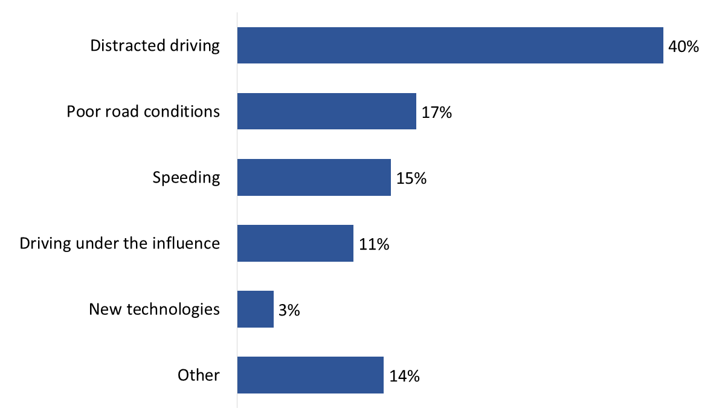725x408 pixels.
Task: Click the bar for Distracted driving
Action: click(450, 45)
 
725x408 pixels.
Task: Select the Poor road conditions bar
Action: click(326, 111)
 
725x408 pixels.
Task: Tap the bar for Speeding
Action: click(314, 177)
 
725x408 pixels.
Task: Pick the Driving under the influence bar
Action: click(295, 243)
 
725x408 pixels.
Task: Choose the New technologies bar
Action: click(255, 309)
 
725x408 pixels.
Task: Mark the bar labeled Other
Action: click(310, 375)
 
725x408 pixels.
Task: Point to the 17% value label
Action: click(437, 112)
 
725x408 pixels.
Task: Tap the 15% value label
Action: click(411, 178)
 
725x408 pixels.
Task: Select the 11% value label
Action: click(374, 244)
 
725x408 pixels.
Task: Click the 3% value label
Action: click(289, 311)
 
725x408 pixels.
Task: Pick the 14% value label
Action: click(404, 377)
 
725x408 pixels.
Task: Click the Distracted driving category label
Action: click(155, 46)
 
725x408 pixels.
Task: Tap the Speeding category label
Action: click(186, 178)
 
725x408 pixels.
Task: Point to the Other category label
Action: click(198, 375)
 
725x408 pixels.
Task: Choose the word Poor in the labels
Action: click(80, 112)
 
